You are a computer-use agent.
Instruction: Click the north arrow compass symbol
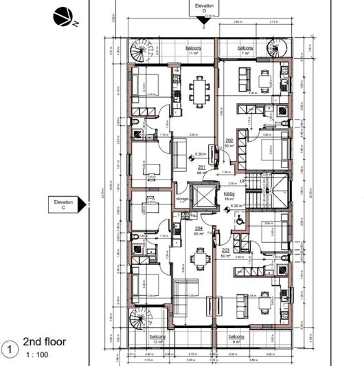(x=62, y=16)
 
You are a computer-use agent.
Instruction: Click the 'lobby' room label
(x=230, y=195)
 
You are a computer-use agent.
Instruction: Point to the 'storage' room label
(x=182, y=199)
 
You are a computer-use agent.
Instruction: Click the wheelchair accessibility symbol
(x=238, y=219)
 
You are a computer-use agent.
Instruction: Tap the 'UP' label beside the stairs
(x=242, y=181)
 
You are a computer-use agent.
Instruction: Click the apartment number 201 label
(x=201, y=166)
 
